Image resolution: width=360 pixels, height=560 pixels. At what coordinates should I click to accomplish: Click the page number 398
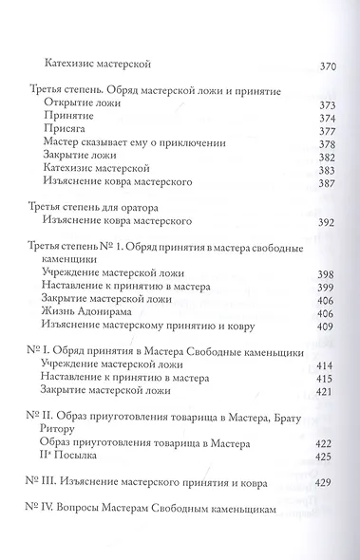325,271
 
